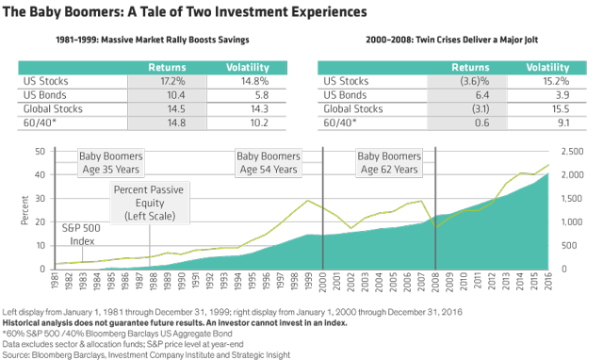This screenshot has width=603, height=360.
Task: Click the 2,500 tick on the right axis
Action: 571,151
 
